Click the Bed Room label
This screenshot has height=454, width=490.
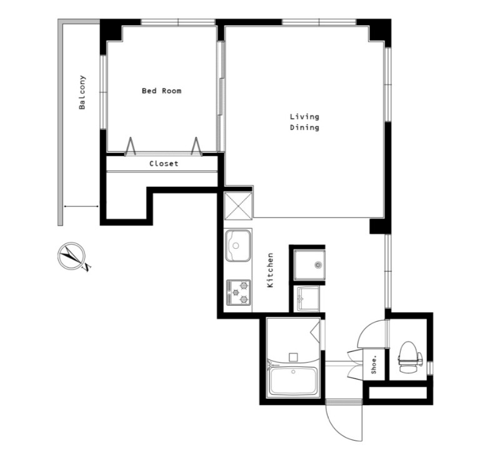click(161, 91)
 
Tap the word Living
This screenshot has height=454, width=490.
click(304, 117)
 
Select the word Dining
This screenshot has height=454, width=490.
click(304, 128)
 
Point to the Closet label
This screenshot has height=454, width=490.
click(164, 164)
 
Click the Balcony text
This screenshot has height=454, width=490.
click(82, 93)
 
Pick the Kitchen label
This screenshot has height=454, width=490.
click(270, 270)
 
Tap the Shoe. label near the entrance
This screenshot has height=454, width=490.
click(374, 365)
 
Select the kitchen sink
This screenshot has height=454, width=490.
click(237, 246)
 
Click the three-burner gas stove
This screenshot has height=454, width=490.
click(239, 293)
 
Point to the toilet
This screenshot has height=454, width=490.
click(410, 357)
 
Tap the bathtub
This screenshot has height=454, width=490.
click(294, 381)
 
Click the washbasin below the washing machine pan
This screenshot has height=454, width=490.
click(308, 299)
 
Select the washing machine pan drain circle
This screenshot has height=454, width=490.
click(318, 265)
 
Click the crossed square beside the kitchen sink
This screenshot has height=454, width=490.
click(239, 206)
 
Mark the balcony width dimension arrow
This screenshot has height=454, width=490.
click(81, 206)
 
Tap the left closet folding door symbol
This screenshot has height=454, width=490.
click(130, 146)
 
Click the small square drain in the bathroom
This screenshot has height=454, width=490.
click(292, 357)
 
